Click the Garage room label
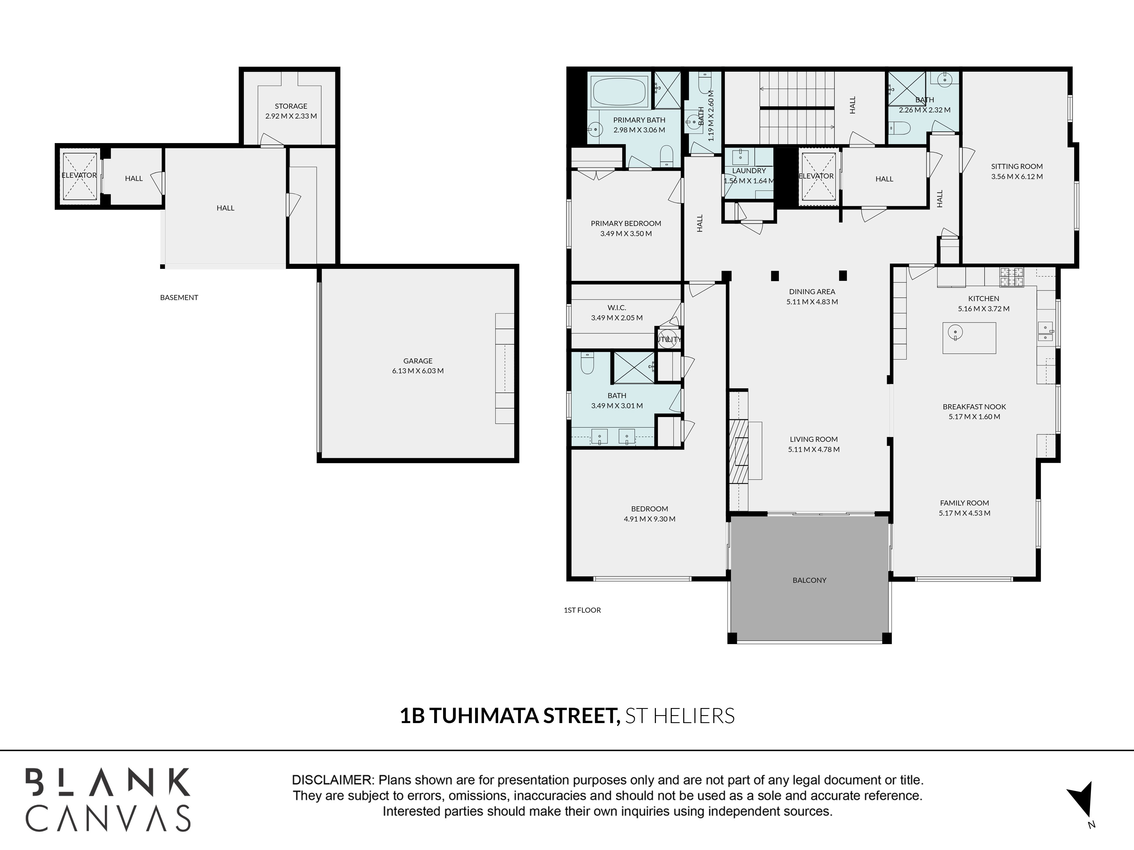tap(418, 361)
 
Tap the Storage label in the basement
tap(291, 106)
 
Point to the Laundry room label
tap(749, 171)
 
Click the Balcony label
tap(809, 580)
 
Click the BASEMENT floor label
tap(179, 297)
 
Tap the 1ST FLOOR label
tap(582, 610)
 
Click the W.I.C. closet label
tap(617, 307)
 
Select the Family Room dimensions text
tap(964, 513)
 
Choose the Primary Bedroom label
tap(626, 223)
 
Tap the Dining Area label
tap(812, 292)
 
